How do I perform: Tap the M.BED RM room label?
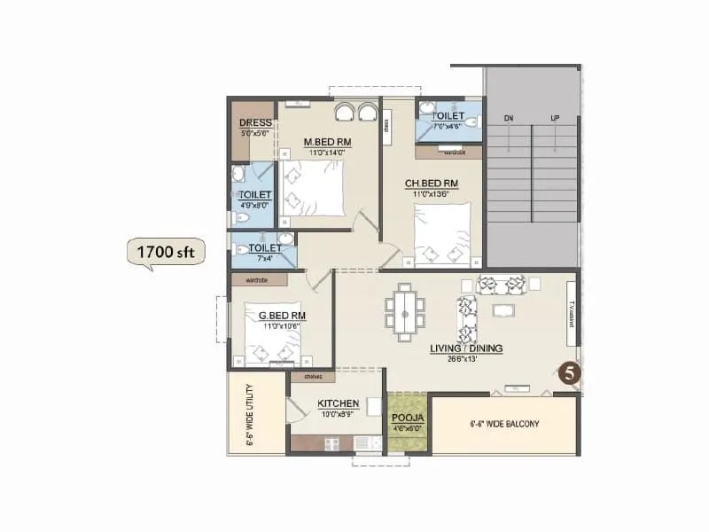pos(327,142)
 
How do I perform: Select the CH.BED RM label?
pos(432,184)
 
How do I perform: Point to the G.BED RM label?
pos(282,315)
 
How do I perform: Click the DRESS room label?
pos(255,123)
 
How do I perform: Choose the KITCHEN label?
pos(338,403)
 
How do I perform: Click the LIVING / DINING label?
pos(466,348)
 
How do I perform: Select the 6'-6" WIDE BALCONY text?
pos(504,424)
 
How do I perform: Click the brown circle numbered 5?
pos(570,374)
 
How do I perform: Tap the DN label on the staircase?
pos(509,117)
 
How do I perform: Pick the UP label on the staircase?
pos(555,117)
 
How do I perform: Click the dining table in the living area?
pos(405,311)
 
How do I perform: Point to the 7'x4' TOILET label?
pos(264,248)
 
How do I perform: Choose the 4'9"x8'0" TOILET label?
pos(255,195)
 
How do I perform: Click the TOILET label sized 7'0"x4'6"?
pos(448,116)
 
